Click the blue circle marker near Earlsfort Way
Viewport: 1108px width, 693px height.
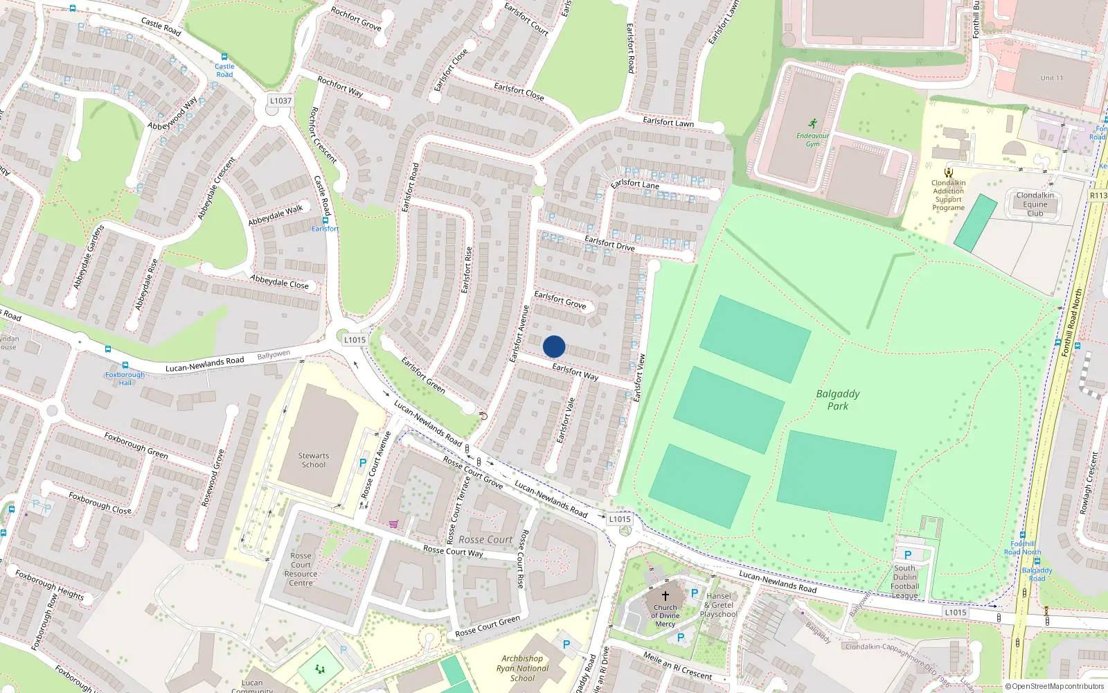[x=554, y=346]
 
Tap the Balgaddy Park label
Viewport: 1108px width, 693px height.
[x=838, y=400]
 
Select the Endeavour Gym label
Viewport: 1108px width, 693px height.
[x=812, y=140]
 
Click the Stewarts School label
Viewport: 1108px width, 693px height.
[x=314, y=460]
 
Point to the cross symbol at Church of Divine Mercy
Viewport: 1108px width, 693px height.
[x=665, y=595]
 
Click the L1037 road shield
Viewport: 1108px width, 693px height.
[x=280, y=101]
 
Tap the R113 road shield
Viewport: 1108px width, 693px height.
[x=1098, y=195]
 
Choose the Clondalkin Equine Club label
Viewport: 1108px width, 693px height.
[x=1035, y=204]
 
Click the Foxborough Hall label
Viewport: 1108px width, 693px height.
[x=125, y=378]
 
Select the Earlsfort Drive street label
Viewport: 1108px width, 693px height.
[x=609, y=243]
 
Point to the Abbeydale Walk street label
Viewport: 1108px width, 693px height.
[x=276, y=215]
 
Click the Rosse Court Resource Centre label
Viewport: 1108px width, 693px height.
[x=301, y=570]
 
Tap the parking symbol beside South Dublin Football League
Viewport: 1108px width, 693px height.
[x=908, y=555]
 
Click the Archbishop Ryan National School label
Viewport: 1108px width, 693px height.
[x=522, y=669]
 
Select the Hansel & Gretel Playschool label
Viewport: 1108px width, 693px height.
[x=719, y=605]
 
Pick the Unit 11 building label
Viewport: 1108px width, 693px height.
[x=1051, y=78]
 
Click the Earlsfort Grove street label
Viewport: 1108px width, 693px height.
[x=560, y=300]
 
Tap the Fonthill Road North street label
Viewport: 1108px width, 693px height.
[x=1072, y=323]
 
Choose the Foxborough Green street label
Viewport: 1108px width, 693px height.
[x=136, y=445]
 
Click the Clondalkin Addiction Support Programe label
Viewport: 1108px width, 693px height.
[x=948, y=195]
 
